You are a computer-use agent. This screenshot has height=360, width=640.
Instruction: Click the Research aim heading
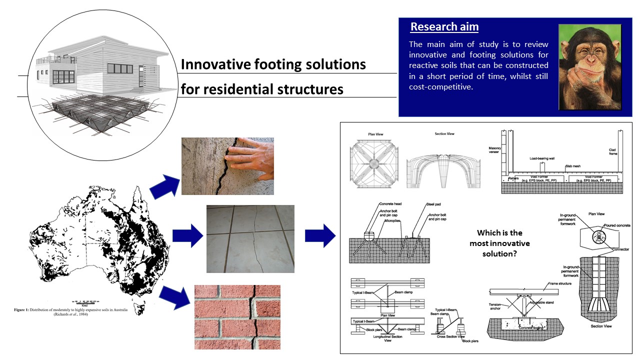[x=444, y=27]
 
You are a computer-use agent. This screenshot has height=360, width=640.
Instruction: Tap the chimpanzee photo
[x=589, y=66]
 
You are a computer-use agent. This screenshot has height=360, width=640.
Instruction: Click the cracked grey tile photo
[x=250, y=239]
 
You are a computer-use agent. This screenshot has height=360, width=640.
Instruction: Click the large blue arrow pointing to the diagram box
[x=320, y=235]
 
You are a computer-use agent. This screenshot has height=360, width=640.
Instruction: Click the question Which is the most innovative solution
[x=499, y=243]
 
